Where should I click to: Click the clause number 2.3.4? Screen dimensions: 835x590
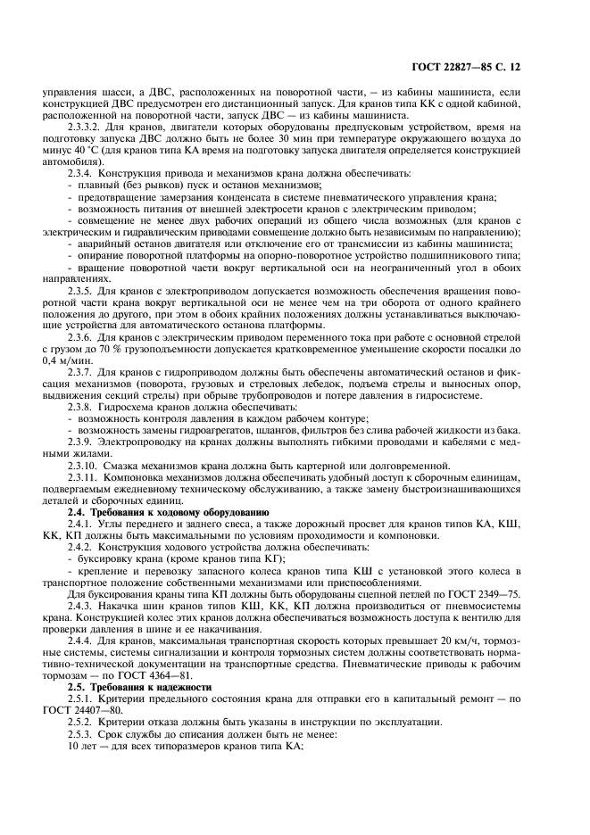[82, 173]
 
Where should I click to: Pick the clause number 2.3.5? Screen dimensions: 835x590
[82, 291]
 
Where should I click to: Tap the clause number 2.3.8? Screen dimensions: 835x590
[82, 408]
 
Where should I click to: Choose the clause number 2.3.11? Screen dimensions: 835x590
[85, 478]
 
